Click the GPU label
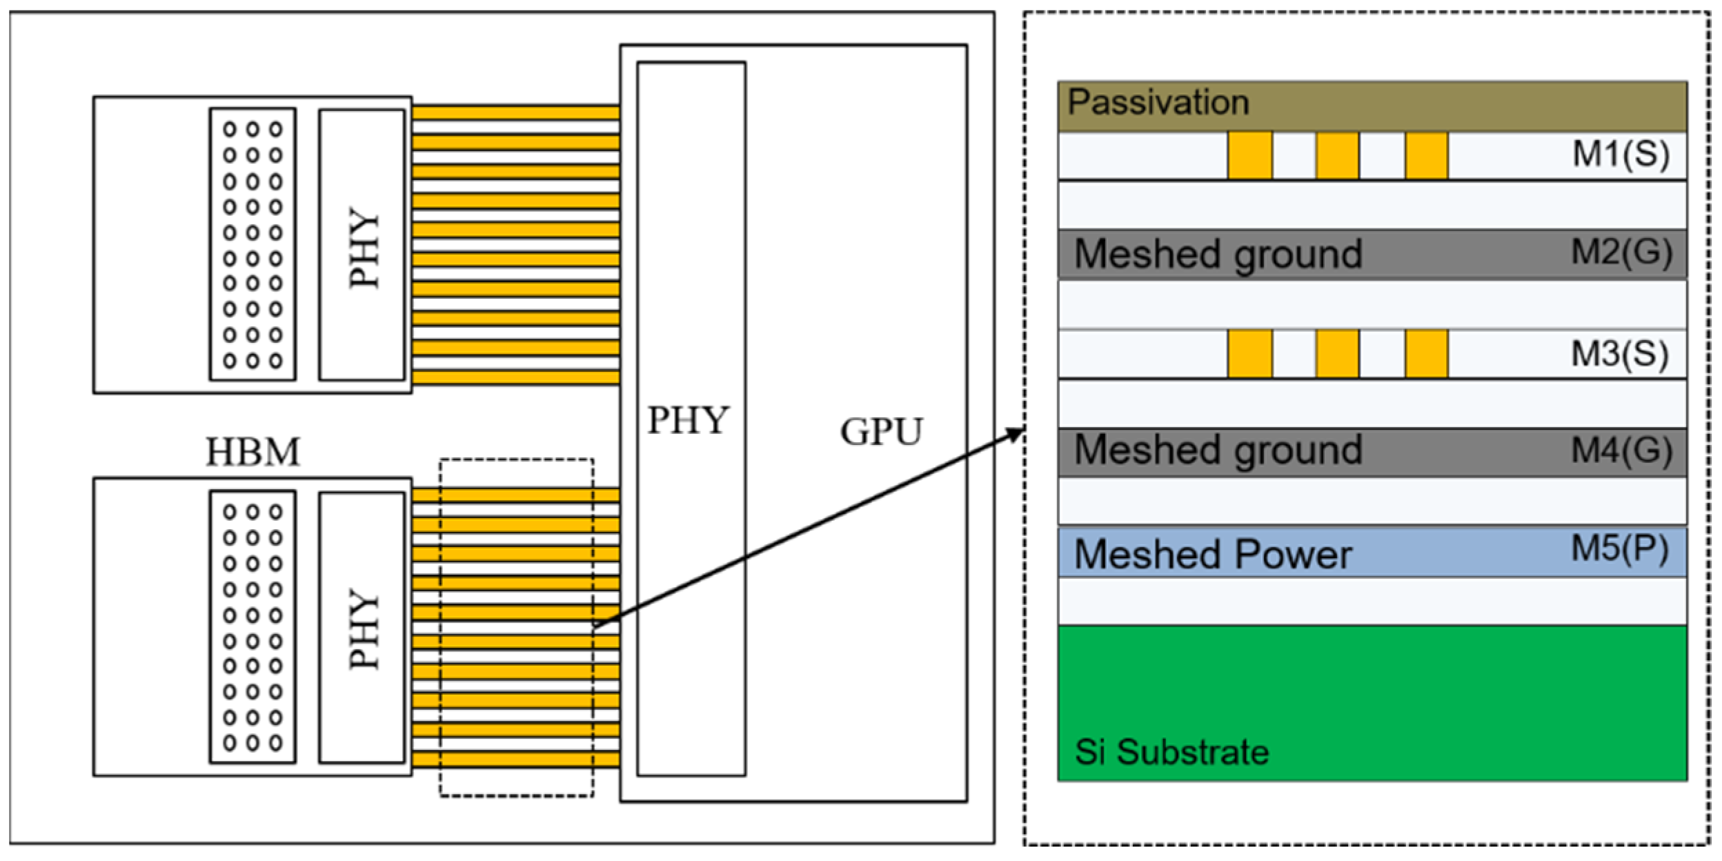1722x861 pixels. point(880,432)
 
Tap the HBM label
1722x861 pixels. point(253,453)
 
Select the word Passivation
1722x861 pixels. point(1158,102)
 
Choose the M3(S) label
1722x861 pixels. point(1619,354)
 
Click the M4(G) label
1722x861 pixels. point(1621,451)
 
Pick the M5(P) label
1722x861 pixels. point(1619,549)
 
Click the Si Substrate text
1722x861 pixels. point(1171,752)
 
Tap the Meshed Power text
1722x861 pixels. point(1213,554)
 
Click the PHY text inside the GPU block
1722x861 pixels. point(688,419)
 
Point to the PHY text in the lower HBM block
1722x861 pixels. point(363,629)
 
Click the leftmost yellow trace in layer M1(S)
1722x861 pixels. point(1249,156)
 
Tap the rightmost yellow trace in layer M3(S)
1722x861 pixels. point(1426,354)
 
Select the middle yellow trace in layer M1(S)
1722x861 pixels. point(1337,156)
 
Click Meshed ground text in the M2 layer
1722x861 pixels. point(1218,254)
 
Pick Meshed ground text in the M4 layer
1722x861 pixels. point(1218,451)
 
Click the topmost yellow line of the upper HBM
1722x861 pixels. point(515,112)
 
